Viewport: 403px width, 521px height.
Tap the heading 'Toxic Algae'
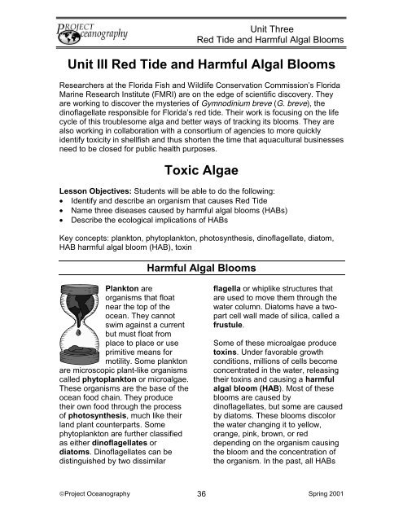pos(201,169)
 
